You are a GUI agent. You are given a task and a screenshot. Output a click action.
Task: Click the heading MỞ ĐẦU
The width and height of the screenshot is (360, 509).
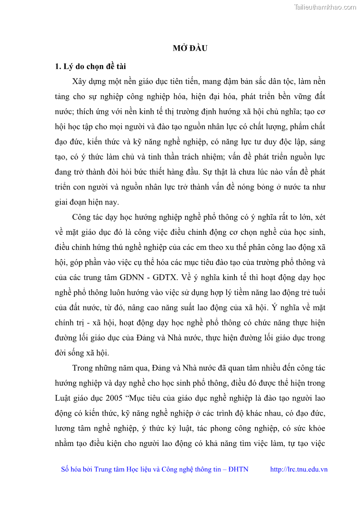pyautogui.click(x=190, y=48)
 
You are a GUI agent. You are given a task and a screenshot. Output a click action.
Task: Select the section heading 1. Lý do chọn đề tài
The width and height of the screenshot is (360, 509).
pyautogui.click(x=90, y=67)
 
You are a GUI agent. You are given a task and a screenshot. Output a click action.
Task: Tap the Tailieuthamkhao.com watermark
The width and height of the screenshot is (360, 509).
pyautogui.click(x=325, y=7)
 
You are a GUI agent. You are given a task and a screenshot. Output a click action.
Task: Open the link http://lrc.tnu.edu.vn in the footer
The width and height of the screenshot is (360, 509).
pyautogui.click(x=299, y=469)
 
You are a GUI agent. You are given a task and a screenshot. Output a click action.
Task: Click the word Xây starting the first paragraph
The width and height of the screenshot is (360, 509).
pyautogui.click(x=80, y=82)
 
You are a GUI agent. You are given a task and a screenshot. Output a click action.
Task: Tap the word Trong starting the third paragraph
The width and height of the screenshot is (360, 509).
pyautogui.click(x=82, y=368)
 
